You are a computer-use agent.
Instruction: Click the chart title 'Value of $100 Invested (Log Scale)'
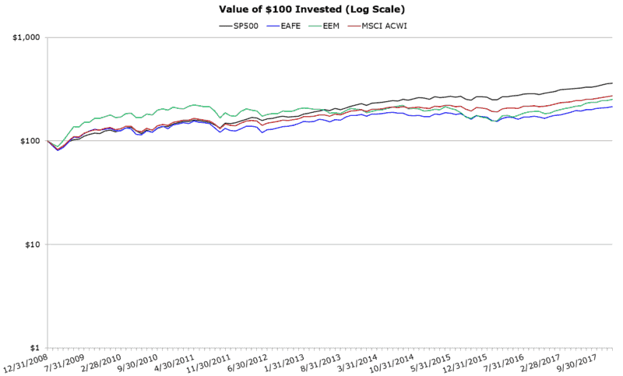(311, 9)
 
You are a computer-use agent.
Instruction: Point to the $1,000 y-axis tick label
(26, 38)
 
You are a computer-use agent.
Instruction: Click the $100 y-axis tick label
(30, 142)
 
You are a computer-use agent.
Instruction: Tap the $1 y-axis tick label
(36, 348)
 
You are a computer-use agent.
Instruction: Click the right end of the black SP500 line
(613, 83)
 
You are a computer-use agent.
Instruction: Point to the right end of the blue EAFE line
(613, 107)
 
